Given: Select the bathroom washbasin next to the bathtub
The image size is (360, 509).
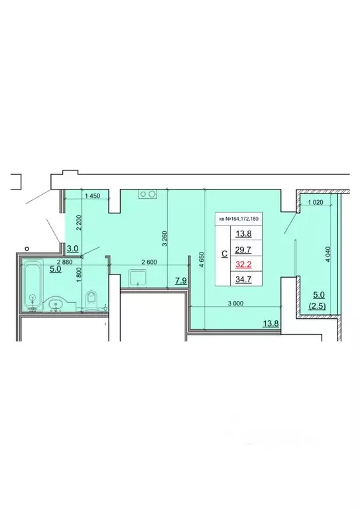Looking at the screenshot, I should click(x=56, y=304).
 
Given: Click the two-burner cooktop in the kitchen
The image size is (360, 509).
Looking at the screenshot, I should click(x=147, y=194).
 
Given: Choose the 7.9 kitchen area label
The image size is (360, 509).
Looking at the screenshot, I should click(x=180, y=281).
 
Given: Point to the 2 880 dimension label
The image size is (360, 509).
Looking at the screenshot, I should click(x=32, y=263).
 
